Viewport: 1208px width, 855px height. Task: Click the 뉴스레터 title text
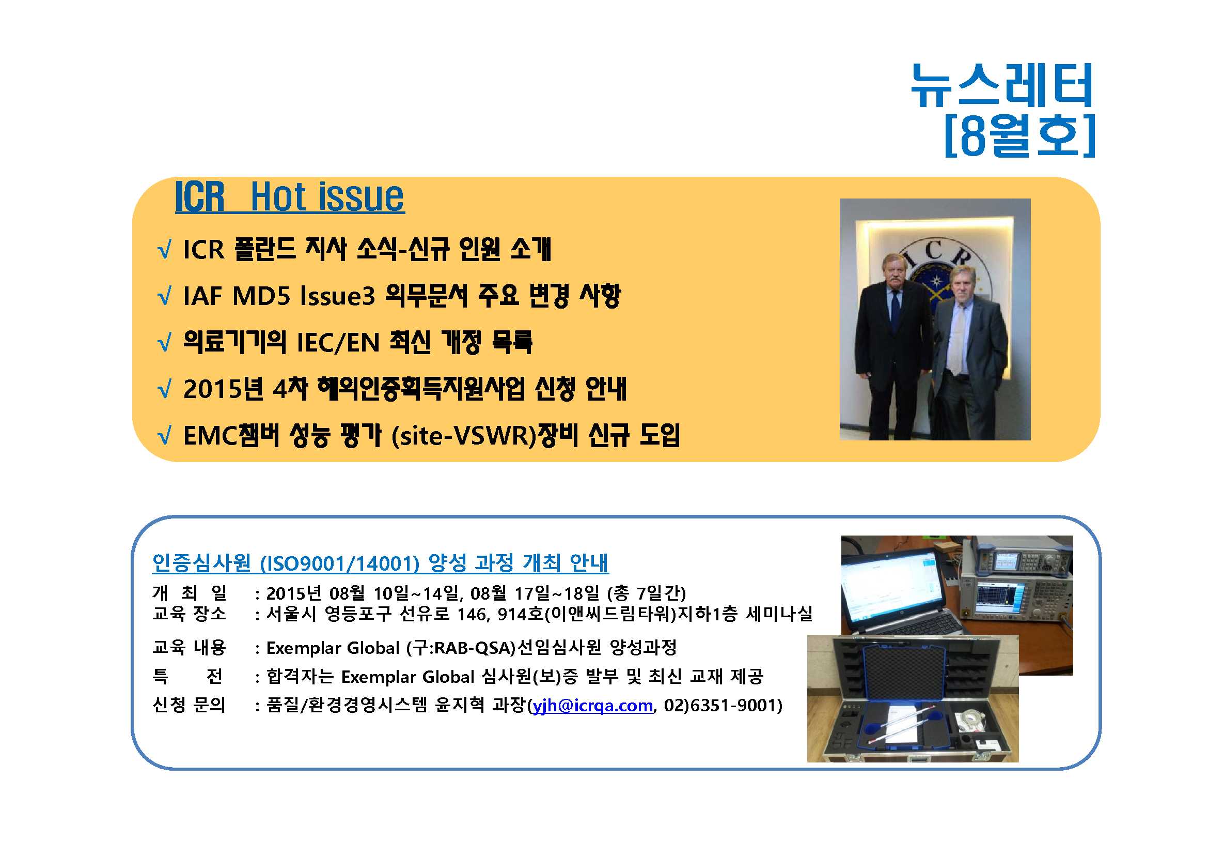[1002, 85]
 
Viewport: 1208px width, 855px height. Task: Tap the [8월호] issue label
[1019, 136]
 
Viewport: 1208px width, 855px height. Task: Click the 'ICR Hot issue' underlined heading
[290, 197]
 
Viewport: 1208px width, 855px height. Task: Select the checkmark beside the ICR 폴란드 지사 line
[164, 250]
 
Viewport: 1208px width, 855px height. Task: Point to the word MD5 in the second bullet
[261, 296]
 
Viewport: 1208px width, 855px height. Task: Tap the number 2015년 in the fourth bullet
[223, 389]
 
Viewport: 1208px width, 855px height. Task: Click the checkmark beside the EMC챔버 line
[164, 436]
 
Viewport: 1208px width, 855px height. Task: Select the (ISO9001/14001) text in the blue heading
[339, 563]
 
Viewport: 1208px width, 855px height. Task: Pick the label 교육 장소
[190, 614]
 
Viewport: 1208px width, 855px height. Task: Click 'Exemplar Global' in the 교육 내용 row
[333, 648]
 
